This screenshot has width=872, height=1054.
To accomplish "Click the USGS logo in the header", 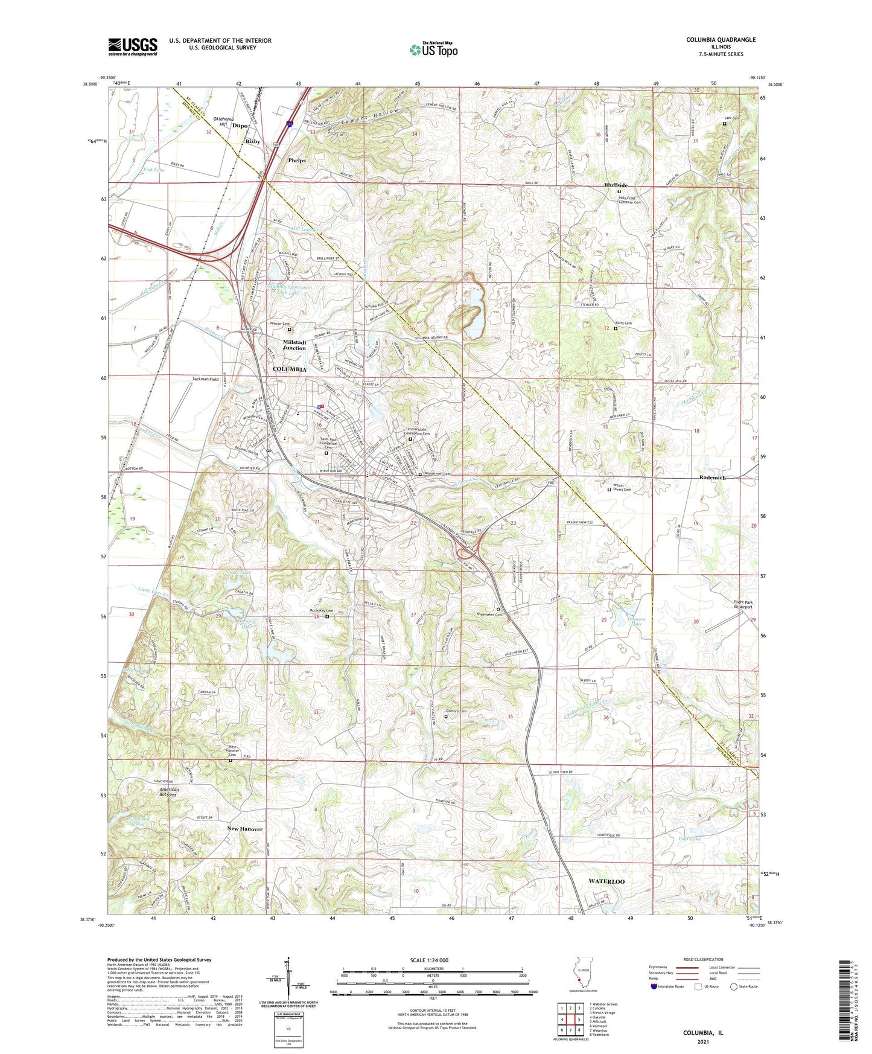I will click(x=133, y=46).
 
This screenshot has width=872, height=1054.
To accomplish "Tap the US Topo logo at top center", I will click(x=433, y=50).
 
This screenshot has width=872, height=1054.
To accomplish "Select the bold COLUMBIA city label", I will click(x=290, y=369).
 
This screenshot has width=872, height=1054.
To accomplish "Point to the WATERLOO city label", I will click(x=606, y=881).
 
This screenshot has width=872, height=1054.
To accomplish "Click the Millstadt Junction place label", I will click(x=294, y=345).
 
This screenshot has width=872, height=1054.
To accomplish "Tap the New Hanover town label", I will click(x=245, y=829).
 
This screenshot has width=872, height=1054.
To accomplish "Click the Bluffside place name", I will click(x=616, y=185).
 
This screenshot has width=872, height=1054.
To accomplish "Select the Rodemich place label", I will click(x=712, y=477).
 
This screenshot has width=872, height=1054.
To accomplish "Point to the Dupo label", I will click(x=240, y=126).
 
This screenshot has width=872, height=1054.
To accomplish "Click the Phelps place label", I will click(x=297, y=161).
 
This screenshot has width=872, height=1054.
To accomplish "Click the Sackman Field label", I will click(x=205, y=379).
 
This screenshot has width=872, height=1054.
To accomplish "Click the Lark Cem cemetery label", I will click(x=732, y=118).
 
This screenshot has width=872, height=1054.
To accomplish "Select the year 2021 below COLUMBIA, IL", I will click(x=702, y=1041).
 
